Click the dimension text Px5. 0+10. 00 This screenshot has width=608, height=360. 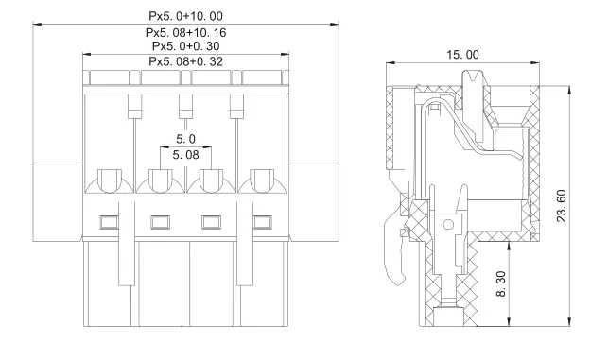pyautogui.click(x=186, y=16)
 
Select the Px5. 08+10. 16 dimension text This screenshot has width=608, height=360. pyautogui.click(x=186, y=31)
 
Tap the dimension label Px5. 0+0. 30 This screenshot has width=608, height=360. pyautogui.click(x=186, y=46)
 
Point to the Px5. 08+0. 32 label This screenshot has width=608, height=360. pyautogui.click(x=186, y=61)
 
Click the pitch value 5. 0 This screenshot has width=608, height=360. pyautogui.click(x=186, y=138)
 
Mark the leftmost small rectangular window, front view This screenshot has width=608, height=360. pyautogui.click(x=109, y=223)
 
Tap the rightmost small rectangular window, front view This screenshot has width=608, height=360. pyautogui.click(x=262, y=223)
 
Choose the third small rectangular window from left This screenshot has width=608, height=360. pyautogui.click(x=211, y=223)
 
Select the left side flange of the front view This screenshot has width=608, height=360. pyautogui.click(x=58, y=198)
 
